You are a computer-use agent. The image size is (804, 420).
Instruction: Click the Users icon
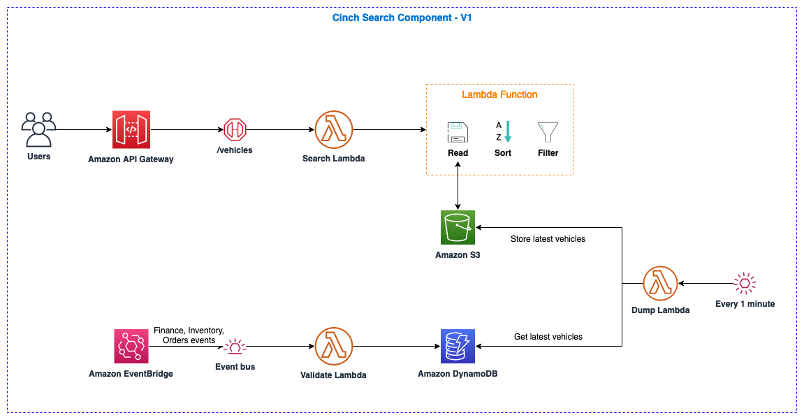coord(38,129)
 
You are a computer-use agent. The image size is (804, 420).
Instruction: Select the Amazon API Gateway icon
coord(131,129)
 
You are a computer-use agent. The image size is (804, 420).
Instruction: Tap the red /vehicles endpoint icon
coord(235,129)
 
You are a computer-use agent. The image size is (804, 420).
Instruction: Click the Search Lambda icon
coord(333,129)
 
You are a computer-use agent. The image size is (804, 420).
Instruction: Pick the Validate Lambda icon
coord(333,347)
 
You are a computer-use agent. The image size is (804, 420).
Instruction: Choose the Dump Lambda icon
coord(660,283)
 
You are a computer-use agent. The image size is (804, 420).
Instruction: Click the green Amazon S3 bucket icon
coord(458,227)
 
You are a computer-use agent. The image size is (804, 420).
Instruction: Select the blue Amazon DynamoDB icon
coord(458,347)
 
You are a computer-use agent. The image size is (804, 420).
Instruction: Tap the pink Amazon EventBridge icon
coord(131,347)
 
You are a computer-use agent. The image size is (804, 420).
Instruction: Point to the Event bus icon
coord(235,347)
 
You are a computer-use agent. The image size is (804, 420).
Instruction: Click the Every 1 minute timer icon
coord(745,283)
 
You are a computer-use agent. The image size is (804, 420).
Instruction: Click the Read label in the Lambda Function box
coord(458,153)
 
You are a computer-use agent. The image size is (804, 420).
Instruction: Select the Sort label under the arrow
coord(503,153)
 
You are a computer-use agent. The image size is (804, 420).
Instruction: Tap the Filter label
coord(548,153)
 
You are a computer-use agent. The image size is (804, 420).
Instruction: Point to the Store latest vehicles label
coord(548,239)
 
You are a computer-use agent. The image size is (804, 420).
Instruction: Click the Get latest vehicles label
coord(548,337)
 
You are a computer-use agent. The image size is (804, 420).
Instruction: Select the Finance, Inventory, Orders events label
coord(189,335)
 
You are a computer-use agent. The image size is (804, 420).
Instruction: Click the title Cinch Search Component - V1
coord(402,17)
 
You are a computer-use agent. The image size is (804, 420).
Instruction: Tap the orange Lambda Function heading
coord(499,94)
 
